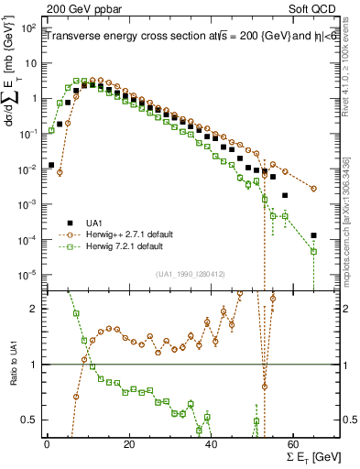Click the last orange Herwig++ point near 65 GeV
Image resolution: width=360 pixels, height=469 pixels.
coord(314,189)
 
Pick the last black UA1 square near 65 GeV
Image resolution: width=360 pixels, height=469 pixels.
coord(314,235)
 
